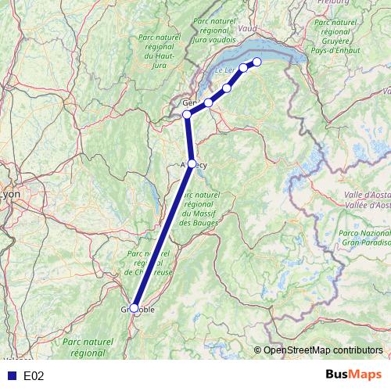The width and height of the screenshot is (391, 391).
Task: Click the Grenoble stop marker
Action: pos(134,308)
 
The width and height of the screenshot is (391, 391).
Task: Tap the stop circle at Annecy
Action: pos(192,164)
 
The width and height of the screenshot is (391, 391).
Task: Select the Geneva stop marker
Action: pos(187,115)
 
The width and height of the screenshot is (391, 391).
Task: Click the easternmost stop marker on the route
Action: pos(256,63)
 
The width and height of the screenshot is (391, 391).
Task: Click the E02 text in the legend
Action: pos(34,376)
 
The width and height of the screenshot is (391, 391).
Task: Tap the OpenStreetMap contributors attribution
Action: pos(322,351)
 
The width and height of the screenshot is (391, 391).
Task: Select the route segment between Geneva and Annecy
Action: pos(189,139)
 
